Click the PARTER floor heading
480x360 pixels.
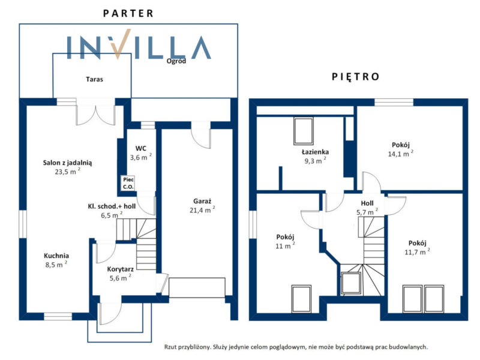(128, 13)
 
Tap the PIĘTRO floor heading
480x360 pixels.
(355, 76)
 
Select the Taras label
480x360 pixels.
(94, 79)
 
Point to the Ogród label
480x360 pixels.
(176, 61)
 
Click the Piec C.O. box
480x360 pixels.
(128, 183)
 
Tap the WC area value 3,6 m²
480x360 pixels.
(141, 157)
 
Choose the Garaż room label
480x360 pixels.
(202, 201)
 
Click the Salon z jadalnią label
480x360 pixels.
(67, 163)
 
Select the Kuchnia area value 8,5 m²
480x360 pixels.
(56, 264)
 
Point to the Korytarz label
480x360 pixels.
(121, 269)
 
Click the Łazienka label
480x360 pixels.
(316, 152)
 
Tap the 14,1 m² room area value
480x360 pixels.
(401, 154)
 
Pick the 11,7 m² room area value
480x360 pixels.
(417, 251)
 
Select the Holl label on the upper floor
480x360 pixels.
(367, 203)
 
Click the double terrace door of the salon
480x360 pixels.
(95, 112)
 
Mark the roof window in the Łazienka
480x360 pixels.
(304, 131)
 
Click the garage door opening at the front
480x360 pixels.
(197, 287)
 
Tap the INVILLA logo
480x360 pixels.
(139, 44)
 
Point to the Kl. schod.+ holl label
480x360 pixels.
(112, 206)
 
